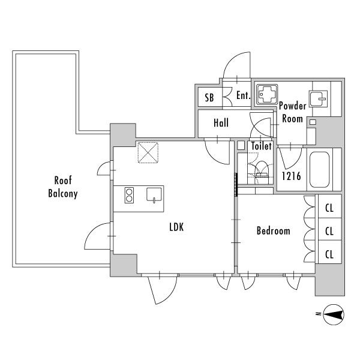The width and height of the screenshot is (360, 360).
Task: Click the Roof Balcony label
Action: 63,187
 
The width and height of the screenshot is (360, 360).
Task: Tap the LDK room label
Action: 176,227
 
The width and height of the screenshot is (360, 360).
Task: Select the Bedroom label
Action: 273,231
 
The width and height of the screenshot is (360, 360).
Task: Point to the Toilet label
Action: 261,146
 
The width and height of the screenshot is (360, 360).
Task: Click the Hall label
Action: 221,122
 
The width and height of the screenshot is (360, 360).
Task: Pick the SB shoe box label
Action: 209,98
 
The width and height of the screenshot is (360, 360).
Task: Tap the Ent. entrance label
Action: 243,95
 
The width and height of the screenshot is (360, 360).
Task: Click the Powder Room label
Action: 293,112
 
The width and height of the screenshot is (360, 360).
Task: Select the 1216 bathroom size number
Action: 291,176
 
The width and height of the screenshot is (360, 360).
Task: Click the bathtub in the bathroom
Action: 320,170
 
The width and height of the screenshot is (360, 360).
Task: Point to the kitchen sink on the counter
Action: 154,195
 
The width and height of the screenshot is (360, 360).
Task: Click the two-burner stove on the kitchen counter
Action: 129,195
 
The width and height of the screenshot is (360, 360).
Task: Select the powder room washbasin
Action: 318,99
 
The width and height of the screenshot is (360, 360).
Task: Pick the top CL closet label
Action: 329,208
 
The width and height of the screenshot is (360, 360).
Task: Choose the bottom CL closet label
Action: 329,254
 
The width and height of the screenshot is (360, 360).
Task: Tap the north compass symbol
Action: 334,314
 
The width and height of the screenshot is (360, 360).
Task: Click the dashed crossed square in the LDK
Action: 148,152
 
